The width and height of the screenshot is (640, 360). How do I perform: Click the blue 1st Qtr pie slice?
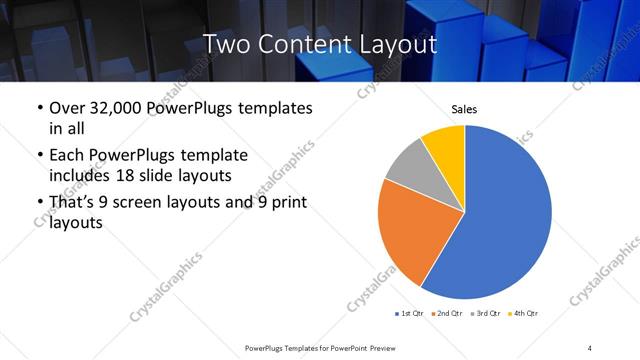pos(510,215)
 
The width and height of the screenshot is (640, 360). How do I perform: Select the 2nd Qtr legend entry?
pos(445,314)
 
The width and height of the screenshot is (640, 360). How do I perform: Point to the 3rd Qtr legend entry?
pos(483,314)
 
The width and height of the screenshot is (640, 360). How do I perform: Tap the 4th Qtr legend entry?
pos(521,314)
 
